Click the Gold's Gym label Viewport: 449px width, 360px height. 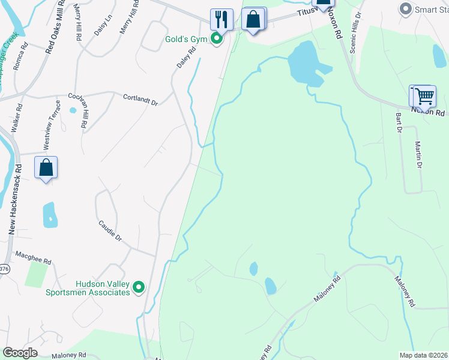186,40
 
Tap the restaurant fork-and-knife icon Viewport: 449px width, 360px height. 221,20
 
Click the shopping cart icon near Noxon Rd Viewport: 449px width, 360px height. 424,96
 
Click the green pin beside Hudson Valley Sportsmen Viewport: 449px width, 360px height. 139,288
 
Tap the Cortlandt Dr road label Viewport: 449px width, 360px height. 140,100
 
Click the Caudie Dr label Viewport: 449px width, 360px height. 110,230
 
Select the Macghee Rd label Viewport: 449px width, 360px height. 34,258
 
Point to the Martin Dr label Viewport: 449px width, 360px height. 419,155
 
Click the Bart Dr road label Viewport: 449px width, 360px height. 397,122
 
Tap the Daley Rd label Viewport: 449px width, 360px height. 187,59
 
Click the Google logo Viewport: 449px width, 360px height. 20,353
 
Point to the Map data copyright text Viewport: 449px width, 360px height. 423,355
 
